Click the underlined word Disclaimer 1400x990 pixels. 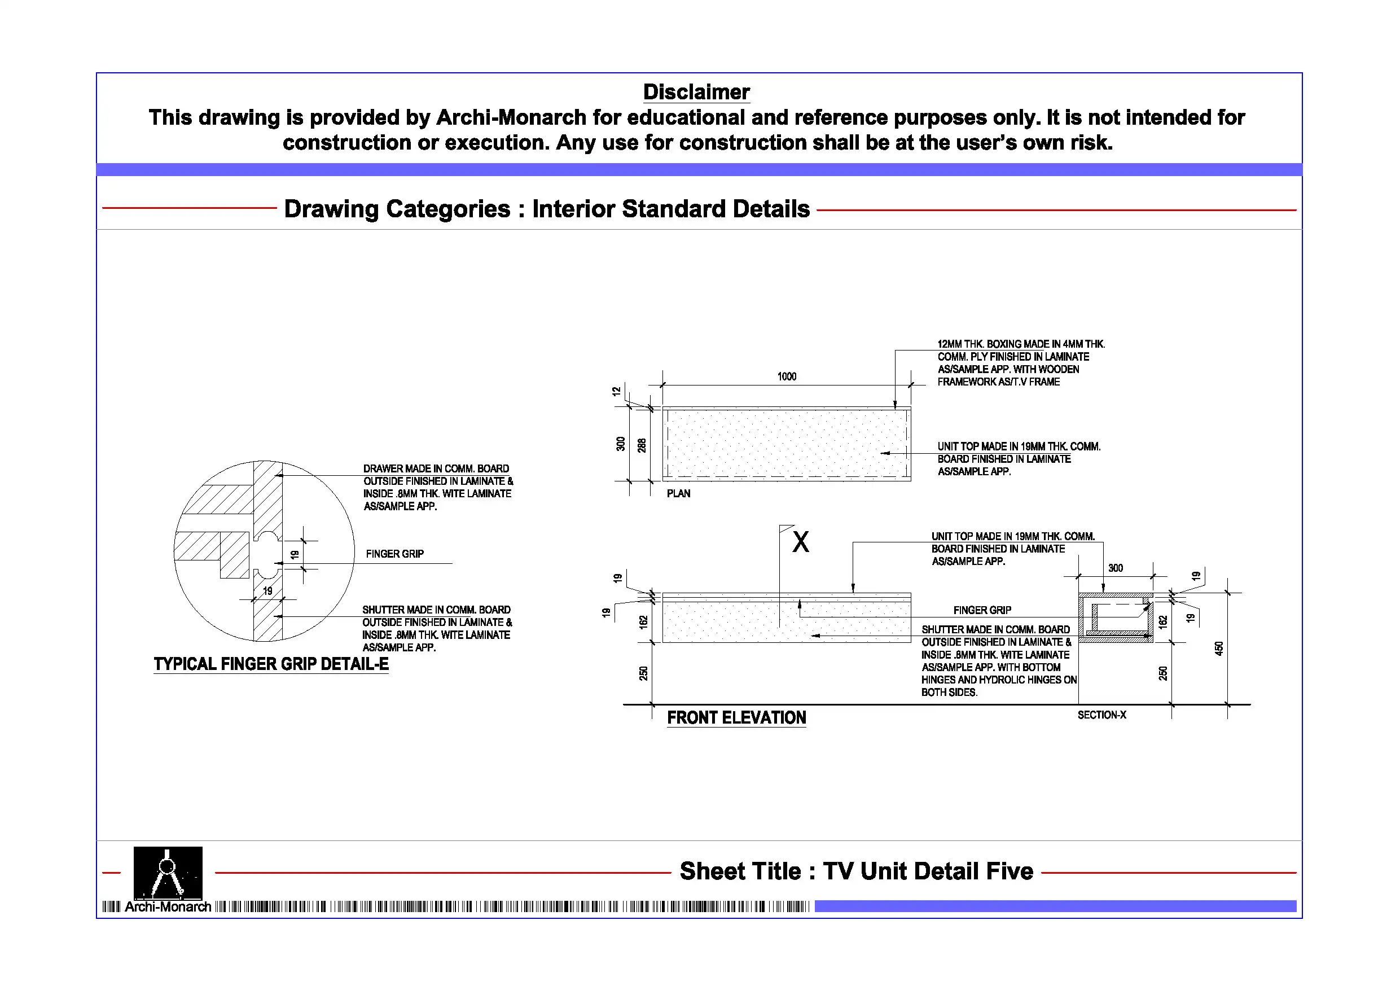pos(696,92)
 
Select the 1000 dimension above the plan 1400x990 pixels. pos(787,376)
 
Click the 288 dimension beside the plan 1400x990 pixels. pos(642,445)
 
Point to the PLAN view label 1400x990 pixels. pos(679,493)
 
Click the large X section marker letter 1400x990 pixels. pos(801,542)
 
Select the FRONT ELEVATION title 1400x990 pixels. pos(736,717)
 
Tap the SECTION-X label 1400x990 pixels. pos(1102,715)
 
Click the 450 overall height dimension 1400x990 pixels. pos(1219,649)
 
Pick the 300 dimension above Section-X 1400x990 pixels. pos(1116,568)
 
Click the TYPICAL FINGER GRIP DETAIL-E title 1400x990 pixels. pos(271,664)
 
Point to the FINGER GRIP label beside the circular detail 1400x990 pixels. pos(394,554)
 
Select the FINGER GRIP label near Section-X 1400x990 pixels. pos(982,610)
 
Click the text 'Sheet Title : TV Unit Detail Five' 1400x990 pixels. pos(856,871)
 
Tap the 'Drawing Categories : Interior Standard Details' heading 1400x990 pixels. pos(547,209)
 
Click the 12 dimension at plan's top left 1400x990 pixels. pos(616,391)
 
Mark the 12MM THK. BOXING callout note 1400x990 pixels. pos(1021,363)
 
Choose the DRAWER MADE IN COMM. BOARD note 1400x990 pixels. pos(437,487)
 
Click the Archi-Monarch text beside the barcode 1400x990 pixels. pos(168,906)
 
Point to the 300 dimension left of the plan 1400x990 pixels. pos(621,444)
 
